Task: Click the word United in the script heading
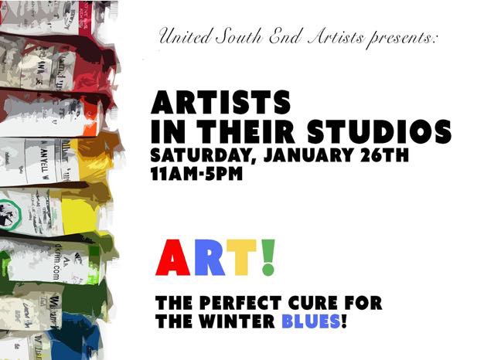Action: point(185,36)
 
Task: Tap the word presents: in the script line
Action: point(402,39)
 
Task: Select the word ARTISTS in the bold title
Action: point(221,102)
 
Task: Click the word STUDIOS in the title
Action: point(380,131)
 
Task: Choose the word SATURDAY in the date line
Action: point(200,155)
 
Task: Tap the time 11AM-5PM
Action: point(196,174)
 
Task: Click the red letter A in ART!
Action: point(172,257)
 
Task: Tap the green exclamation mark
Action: point(268,257)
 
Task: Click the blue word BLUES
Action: point(311,321)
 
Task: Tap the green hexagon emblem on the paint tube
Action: point(10,213)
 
